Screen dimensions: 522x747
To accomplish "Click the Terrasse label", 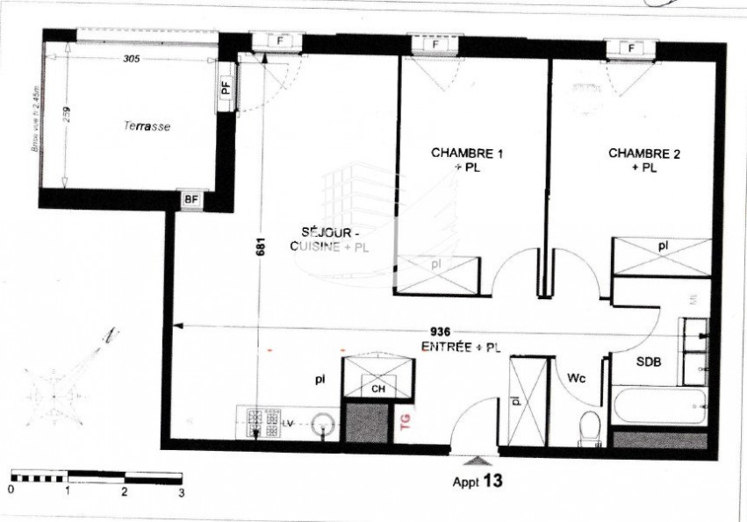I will click(x=146, y=126).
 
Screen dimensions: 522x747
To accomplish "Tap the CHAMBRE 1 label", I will click(x=467, y=153).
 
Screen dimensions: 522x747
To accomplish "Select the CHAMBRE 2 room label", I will click(x=644, y=153).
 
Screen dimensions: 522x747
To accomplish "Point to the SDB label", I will click(x=650, y=361).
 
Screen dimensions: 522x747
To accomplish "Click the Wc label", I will click(x=576, y=378).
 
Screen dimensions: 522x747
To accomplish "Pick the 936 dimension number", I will click(x=441, y=332).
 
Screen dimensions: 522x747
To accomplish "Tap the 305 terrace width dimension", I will click(x=131, y=60).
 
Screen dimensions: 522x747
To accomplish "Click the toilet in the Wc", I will click(x=591, y=426).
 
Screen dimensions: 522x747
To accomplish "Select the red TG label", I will click(x=404, y=422).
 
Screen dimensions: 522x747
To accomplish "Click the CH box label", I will click(x=378, y=388).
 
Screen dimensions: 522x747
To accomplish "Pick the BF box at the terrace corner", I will click(x=190, y=198).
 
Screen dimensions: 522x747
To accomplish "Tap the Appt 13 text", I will click(x=478, y=481).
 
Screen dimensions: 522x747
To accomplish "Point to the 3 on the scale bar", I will click(x=181, y=493).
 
